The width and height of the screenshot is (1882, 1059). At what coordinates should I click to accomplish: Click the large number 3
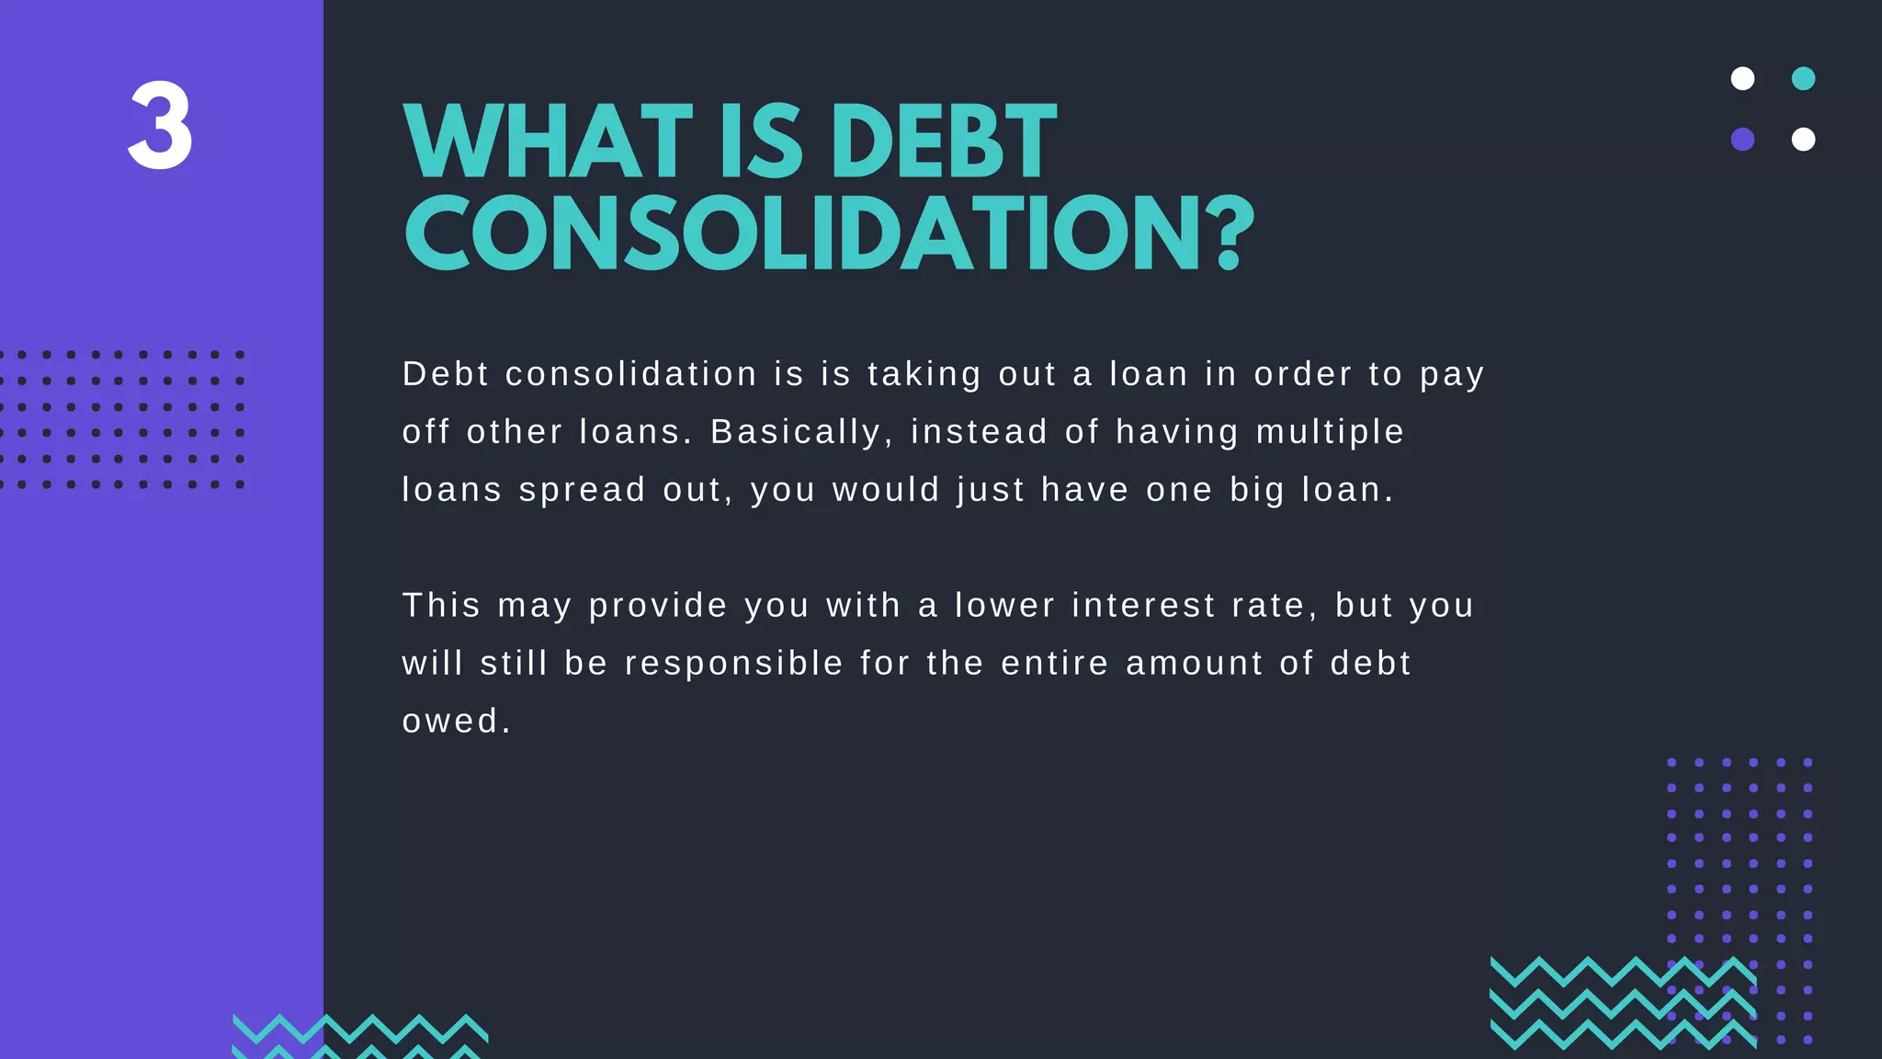tap(160, 126)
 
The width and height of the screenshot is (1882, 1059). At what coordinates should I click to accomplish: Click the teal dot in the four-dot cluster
tap(1803, 79)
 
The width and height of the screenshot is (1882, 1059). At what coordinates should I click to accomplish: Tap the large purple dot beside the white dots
tap(1742, 140)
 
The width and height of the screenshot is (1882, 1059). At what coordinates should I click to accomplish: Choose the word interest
tap(1143, 606)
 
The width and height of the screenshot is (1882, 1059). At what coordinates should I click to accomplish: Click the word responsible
tap(734, 664)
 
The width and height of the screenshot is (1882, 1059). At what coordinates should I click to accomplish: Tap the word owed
tap(456, 722)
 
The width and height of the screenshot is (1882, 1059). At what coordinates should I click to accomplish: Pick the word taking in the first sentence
tap(924, 375)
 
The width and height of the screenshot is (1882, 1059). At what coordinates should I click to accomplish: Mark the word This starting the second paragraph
tap(441, 606)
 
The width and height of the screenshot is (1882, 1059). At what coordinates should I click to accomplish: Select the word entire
tap(1054, 664)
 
